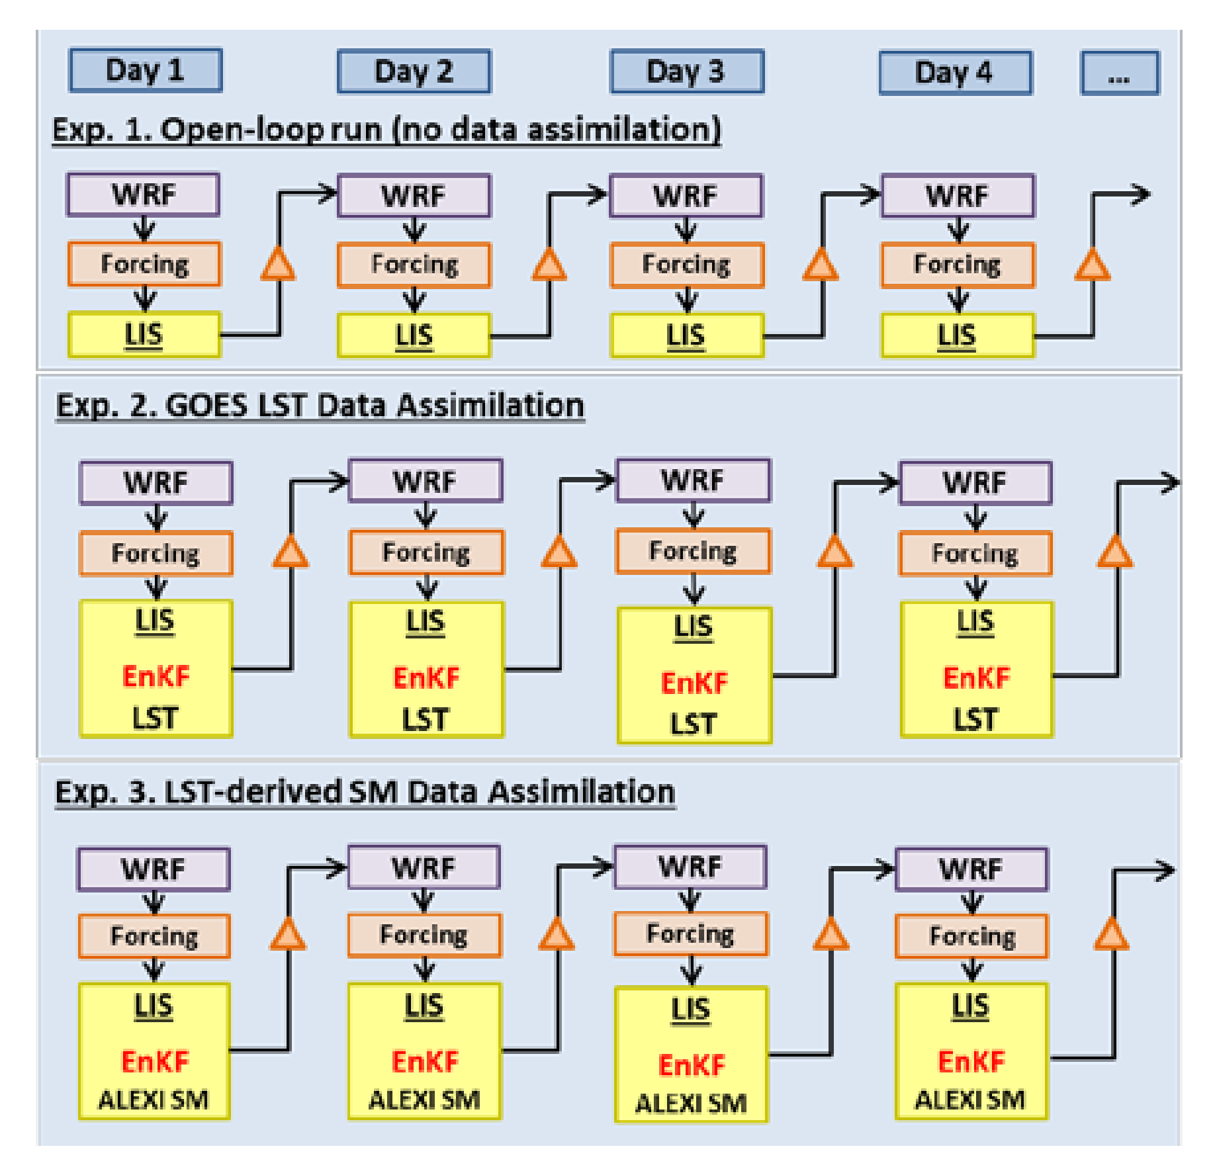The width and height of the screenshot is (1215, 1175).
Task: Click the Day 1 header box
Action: pos(145,70)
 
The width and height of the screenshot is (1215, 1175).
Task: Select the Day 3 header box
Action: pos(686,71)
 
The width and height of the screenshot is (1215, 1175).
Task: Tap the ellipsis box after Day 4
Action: pos(1119,73)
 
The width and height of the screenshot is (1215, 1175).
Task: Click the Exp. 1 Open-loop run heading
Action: pos(386,129)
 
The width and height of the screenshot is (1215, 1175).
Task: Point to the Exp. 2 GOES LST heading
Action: pos(320,405)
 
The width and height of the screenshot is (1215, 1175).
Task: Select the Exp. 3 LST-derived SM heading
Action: pos(365,791)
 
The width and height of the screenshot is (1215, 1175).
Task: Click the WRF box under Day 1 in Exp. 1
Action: pos(144,195)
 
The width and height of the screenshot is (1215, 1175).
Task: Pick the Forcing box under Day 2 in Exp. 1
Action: pos(414,265)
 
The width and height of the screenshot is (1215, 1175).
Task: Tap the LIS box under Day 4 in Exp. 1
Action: pos(957,335)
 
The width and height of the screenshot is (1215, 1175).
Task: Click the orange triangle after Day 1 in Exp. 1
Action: pos(279,265)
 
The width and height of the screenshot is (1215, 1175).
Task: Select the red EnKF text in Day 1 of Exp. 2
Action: pos(156,676)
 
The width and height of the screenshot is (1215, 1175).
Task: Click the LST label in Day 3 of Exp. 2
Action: pos(693,724)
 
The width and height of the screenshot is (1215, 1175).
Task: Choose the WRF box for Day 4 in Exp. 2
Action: pos(975,482)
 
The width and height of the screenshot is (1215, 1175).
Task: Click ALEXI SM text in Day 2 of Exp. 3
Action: pos(424,1100)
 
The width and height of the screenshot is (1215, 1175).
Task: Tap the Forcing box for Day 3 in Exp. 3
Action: pos(690,934)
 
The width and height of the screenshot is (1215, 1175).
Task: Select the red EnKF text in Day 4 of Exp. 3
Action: pos(971,1061)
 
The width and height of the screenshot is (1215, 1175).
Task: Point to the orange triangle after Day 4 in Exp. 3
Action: pos(1112,935)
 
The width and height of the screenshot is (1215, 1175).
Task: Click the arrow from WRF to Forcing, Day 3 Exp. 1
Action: pos(686,230)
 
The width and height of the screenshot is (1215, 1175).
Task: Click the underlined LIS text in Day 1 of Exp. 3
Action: pos(154,1006)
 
